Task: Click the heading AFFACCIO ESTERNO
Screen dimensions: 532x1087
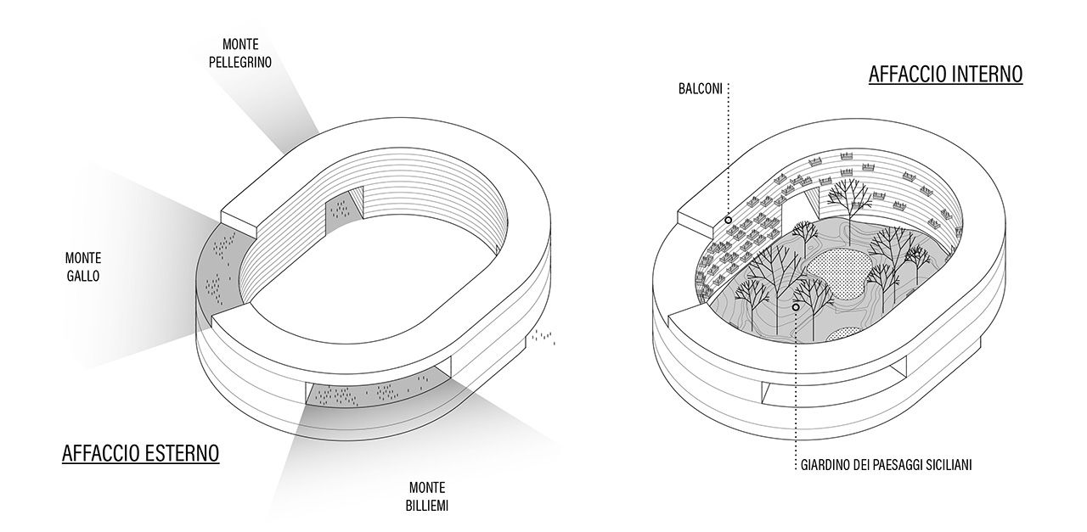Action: click(140, 454)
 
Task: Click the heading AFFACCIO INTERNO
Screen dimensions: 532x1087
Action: click(945, 75)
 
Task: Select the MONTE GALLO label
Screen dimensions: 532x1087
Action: click(83, 266)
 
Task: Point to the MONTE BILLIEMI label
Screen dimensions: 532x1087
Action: click(428, 496)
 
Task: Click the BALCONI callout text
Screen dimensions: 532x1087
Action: click(700, 88)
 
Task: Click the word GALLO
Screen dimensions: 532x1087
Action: click(83, 276)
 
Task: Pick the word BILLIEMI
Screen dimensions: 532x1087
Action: click(428, 506)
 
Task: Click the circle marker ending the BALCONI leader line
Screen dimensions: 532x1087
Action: click(729, 220)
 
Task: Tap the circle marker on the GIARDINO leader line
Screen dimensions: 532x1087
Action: click(796, 307)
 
